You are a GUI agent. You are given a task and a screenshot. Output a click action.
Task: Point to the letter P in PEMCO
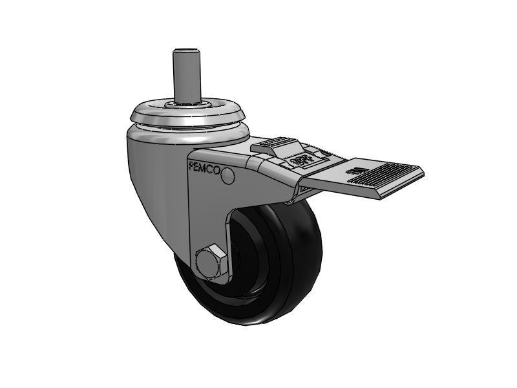[191, 166]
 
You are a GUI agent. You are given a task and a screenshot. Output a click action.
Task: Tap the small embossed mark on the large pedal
[353, 171]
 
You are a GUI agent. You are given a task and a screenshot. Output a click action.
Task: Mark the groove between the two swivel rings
[187, 124]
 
